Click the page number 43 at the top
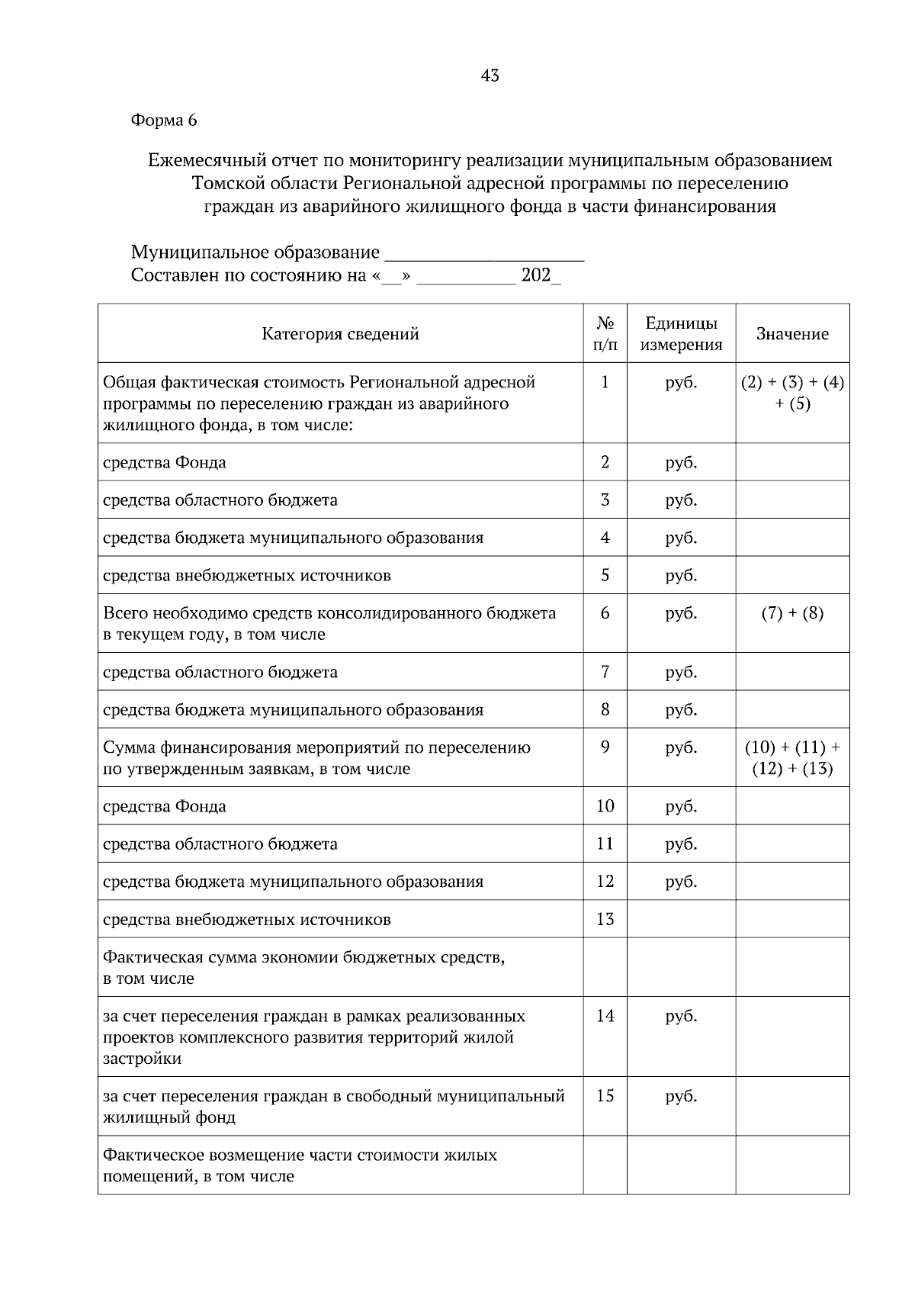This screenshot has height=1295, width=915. coord(490,76)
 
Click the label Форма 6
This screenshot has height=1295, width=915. coord(164,120)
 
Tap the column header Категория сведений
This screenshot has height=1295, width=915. coord(340,334)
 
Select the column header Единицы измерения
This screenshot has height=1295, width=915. coord(680,334)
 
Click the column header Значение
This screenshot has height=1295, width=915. coord(792,334)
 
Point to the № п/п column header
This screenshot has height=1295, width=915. coord(605,334)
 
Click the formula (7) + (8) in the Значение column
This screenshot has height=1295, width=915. coord(792,613)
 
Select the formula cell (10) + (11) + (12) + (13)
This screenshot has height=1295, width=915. coord(792,758)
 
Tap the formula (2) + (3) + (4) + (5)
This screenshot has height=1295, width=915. coord(792,392)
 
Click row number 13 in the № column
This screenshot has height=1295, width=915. coord(605,919)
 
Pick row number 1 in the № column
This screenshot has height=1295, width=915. coord(605,382)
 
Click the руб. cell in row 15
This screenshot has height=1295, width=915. coord(680,1096)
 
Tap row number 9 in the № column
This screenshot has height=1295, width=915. coord(605,747)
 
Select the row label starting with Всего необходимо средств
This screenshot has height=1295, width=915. coord(329,623)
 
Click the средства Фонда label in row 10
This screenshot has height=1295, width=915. coord(165,806)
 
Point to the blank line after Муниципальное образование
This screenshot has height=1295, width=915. coord(484,255)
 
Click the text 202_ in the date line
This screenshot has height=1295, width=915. coord(541,275)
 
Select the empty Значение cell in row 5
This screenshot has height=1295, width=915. coord(792,575)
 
